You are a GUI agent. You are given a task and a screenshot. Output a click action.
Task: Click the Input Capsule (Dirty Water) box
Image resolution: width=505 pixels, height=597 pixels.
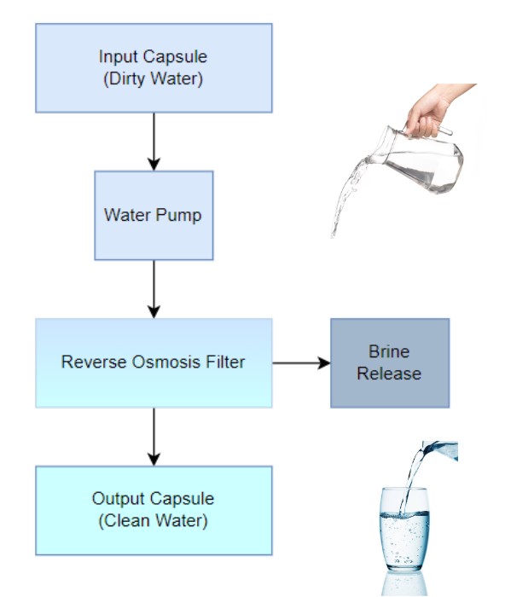154,68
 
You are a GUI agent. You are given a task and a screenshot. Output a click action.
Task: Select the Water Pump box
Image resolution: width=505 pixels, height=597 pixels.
154,216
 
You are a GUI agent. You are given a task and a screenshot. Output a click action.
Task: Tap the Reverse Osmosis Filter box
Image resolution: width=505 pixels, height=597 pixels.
154,362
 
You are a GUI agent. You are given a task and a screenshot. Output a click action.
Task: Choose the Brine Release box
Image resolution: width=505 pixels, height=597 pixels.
390,362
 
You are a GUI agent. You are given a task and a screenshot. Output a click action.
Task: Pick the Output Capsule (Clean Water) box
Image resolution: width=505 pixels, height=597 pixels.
154,510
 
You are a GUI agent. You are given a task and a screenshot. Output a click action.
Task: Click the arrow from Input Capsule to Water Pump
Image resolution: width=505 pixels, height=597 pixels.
154,142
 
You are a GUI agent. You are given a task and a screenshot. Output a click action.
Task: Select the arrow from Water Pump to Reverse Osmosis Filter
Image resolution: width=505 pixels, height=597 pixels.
154,289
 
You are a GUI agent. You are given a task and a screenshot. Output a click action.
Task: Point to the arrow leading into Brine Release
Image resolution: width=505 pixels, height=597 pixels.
301,362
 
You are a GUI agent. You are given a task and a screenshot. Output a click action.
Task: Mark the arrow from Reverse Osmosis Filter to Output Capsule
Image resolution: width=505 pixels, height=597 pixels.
154,437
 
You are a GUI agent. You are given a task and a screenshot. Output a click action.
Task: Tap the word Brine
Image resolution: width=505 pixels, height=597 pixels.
389,351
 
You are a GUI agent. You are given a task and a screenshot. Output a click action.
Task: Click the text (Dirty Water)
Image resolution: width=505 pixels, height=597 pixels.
153,79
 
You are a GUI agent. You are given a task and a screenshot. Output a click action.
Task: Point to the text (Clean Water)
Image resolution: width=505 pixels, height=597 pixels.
153,520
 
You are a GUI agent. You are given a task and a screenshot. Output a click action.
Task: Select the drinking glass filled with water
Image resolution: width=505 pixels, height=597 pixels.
404,530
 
